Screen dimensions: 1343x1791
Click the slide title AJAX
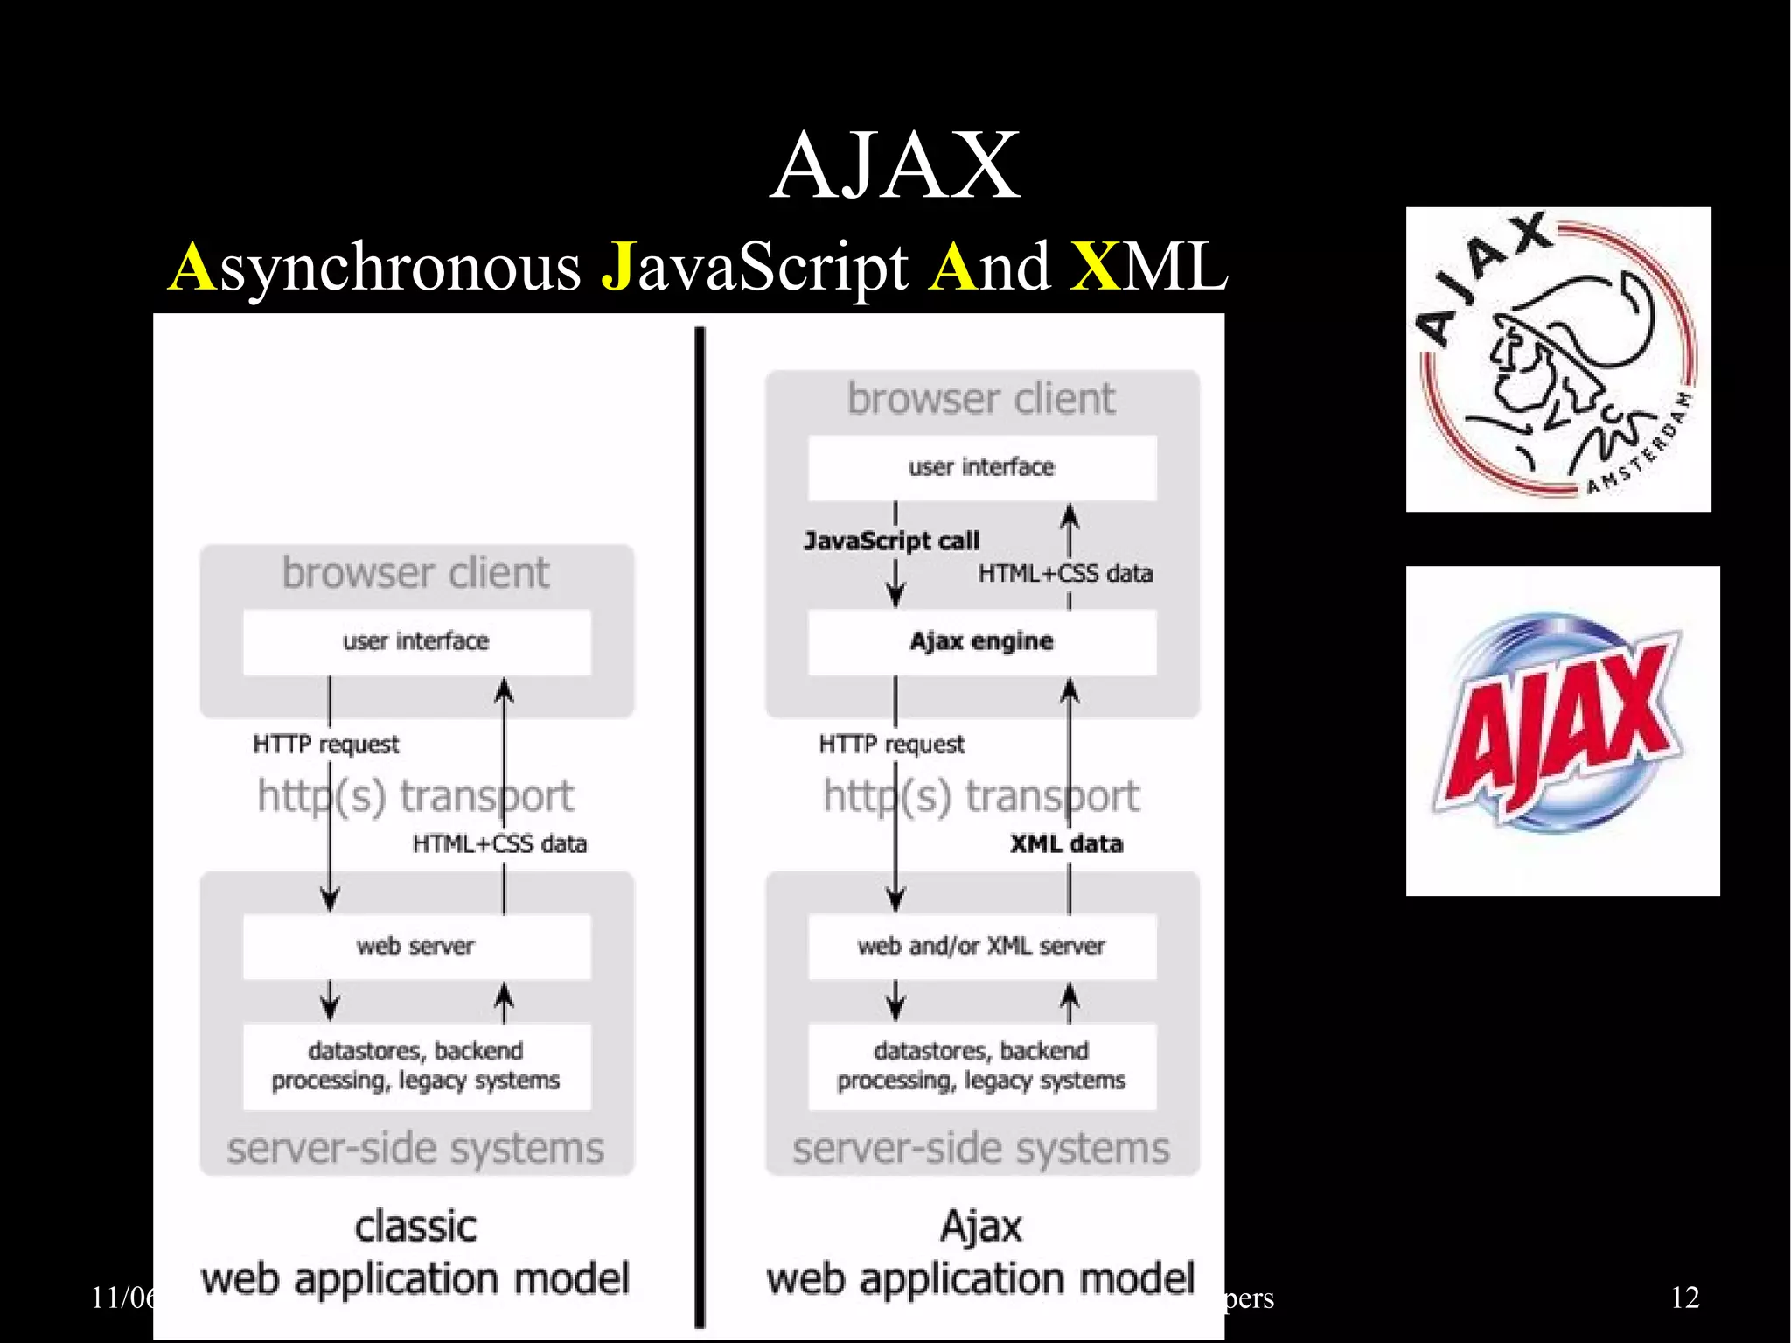895,166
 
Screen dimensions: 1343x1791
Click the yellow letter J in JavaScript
618,267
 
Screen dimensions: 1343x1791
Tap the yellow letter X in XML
1094,267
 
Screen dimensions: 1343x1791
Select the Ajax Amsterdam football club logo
1558,360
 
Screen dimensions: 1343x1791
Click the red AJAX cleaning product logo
1562,731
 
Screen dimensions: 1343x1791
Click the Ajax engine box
981,641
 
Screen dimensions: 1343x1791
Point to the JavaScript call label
891,541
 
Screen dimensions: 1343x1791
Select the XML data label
1066,844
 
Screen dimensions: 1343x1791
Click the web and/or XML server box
981,946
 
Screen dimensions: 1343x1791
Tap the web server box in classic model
416,946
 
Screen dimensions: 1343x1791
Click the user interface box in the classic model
416,641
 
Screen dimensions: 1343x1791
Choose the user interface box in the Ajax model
981,467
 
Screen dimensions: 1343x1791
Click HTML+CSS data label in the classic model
499,844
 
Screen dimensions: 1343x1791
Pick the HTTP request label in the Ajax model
891,745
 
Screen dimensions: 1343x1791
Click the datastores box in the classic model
416,1066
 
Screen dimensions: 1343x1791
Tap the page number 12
1684,1298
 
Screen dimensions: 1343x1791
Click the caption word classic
416,1227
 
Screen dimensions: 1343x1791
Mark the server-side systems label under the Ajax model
981,1148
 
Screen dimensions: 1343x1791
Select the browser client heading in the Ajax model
981,399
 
